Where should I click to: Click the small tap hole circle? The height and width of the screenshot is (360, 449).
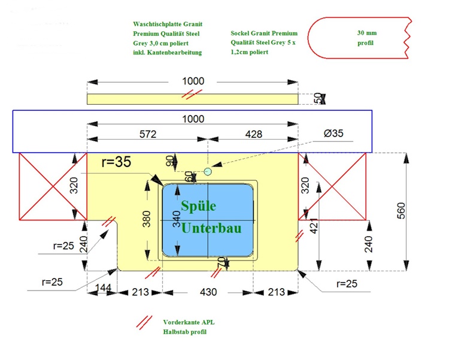(208, 171)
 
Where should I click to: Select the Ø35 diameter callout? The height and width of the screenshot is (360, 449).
(333, 134)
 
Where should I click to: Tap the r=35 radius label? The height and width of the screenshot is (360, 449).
(116, 162)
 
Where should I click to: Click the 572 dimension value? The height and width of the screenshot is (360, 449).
(148, 134)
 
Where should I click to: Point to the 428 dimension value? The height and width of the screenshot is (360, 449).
(254, 134)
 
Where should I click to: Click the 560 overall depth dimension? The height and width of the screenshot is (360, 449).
(401, 211)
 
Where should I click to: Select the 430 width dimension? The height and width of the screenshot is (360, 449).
(208, 292)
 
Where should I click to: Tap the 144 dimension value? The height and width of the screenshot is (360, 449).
(103, 288)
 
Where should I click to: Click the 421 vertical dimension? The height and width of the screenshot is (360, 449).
(314, 226)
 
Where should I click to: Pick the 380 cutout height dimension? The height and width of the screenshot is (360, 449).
(146, 219)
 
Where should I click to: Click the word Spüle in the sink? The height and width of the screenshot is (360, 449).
(198, 206)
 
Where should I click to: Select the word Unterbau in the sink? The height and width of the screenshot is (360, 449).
(211, 228)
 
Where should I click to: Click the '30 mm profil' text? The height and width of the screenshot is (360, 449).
(367, 38)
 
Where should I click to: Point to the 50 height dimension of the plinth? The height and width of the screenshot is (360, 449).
(318, 98)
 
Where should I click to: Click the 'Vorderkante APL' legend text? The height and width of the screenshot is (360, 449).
(189, 322)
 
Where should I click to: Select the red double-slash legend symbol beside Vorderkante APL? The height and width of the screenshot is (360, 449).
(144, 322)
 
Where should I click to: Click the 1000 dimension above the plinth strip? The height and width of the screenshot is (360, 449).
(193, 81)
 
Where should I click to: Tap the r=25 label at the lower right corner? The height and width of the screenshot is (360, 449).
(347, 284)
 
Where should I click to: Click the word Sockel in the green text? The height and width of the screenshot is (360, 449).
(240, 34)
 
